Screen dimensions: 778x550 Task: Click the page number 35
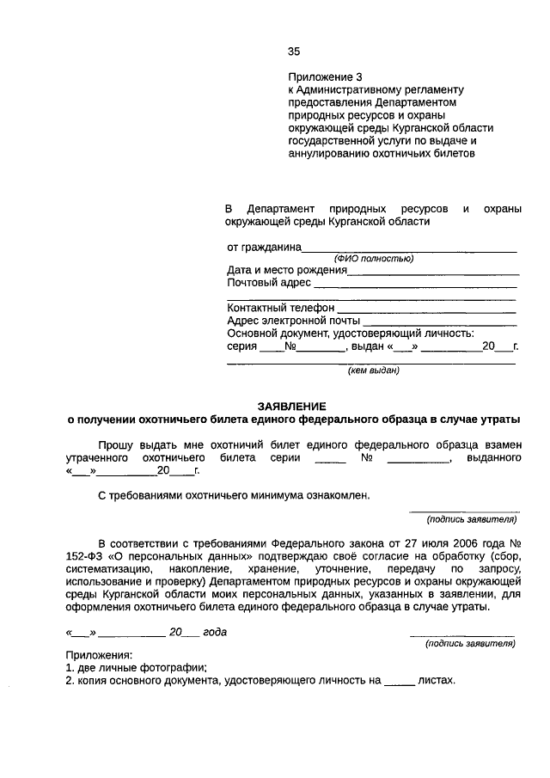(x=294, y=51)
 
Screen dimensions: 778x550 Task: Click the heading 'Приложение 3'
(x=320, y=77)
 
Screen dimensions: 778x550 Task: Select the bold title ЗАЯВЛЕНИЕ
(x=293, y=406)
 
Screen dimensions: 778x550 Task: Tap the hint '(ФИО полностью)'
(x=374, y=259)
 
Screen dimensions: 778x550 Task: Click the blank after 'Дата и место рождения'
(x=432, y=271)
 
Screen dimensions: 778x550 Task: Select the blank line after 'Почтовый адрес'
(x=415, y=284)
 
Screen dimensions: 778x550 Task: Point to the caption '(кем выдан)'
(x=373, y=371)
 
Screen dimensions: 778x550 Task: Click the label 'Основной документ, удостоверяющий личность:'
(x=351, y=333)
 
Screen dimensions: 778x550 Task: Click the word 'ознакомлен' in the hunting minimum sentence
(x=337, y=496)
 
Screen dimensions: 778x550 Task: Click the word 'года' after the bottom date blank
(x=215, y=632)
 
